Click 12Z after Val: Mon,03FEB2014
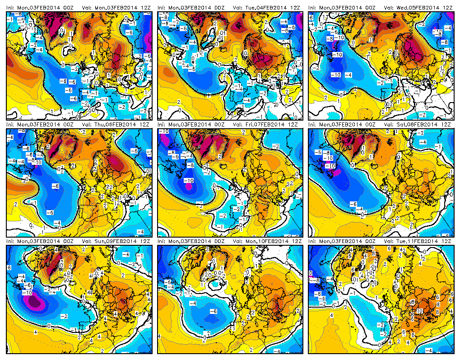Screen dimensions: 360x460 point(144,8)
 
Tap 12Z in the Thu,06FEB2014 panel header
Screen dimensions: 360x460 point(144,124)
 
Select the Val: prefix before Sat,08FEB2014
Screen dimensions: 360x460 point(388,124)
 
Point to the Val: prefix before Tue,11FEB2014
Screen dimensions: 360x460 point(388,242)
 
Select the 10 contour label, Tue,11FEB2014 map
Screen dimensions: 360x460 point(419,311)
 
